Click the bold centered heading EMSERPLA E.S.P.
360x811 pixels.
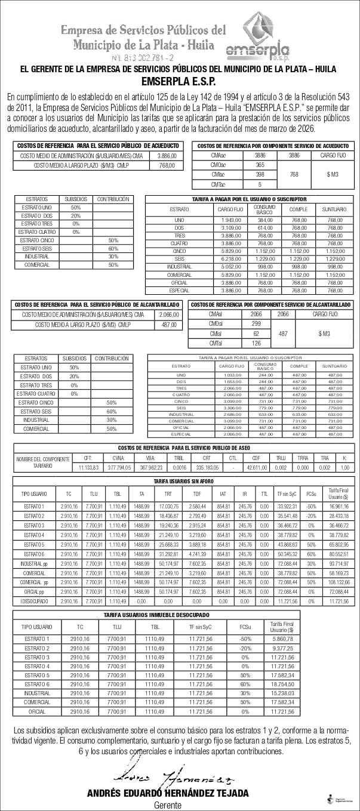tap(179, 82)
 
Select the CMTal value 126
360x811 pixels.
tap(256, 343)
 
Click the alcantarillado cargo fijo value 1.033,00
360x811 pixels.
tap(230, 374)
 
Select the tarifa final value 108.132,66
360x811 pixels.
tap(339, 581)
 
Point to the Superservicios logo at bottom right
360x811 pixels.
tap(340, 800)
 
